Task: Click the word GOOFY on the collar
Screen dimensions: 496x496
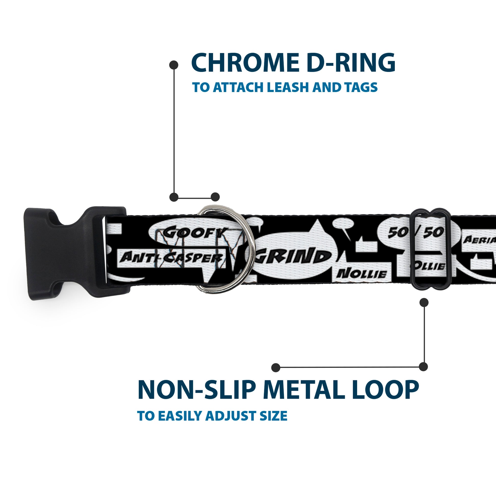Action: pos(195,233)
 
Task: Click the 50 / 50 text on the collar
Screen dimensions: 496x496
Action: pos(416,233)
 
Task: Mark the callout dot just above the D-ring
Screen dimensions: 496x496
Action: pos(215,197)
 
